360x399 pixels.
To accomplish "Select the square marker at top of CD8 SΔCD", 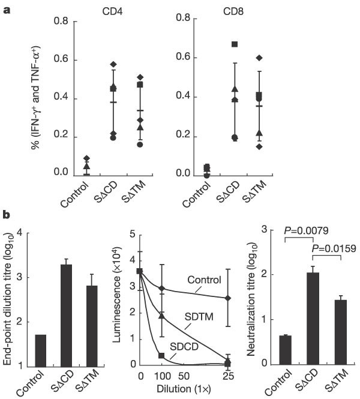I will point(235,44).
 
